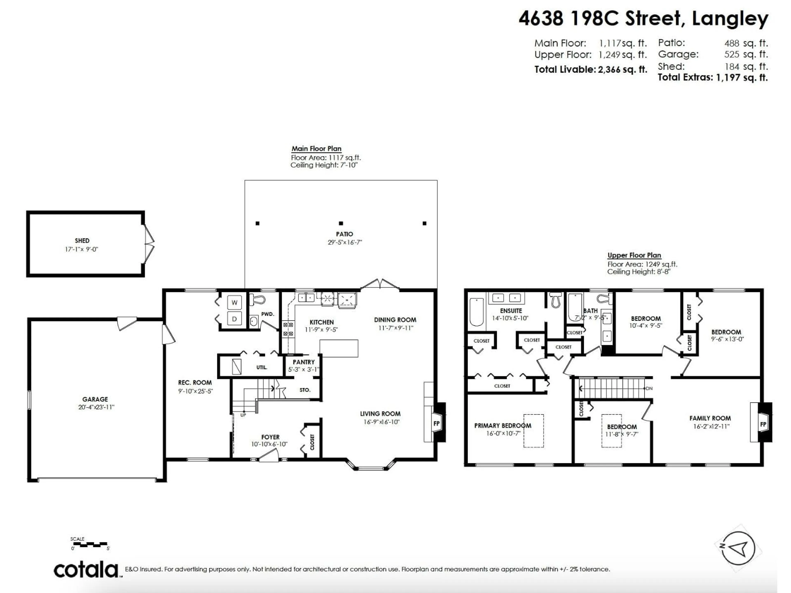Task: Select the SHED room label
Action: point(82,240)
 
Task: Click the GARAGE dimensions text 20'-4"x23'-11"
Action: point(96,407)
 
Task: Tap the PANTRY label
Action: point(304,362)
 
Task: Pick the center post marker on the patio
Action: point(341,223)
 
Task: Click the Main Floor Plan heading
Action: point(316,149)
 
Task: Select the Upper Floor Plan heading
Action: point(634,255)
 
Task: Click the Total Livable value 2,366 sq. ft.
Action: point(623,70)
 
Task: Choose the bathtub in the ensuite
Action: point(476,312)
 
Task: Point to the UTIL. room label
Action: point(261,367)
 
